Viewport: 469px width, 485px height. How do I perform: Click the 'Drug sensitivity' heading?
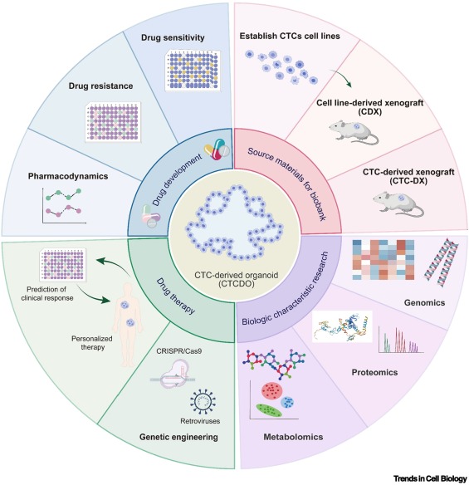tap(173, 37)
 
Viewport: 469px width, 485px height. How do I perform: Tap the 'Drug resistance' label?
tap(100, 86)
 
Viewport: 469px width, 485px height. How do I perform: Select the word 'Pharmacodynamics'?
tap(68, 176)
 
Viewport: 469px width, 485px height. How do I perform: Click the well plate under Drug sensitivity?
tap(193, 71)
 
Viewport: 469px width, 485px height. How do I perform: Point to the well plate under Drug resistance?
tap(113, 122)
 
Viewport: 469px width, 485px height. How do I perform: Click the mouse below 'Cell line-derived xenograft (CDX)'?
tap(353, 132)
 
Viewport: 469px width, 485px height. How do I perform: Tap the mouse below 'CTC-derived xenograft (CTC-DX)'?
tap(398, 203)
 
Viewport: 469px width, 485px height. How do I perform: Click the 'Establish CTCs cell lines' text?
tap(290, 37)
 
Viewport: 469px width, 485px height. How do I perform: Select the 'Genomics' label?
tap(424, 302)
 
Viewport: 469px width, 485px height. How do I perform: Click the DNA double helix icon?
tap(441, 262)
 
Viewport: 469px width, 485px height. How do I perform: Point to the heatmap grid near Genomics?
tap(384, 260)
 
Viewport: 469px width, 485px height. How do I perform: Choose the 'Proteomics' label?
tap(374, 372)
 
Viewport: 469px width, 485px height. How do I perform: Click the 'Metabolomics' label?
tap(293, 437)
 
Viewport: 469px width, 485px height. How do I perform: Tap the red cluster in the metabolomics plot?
tap(271, 391)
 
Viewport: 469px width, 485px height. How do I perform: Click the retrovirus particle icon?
tap(203, 401)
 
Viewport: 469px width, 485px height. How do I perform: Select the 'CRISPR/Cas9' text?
tap(179, 351)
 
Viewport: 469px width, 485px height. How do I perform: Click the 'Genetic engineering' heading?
tap(178, 437)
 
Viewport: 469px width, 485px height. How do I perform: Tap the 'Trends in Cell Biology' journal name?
tap(430, 478)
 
